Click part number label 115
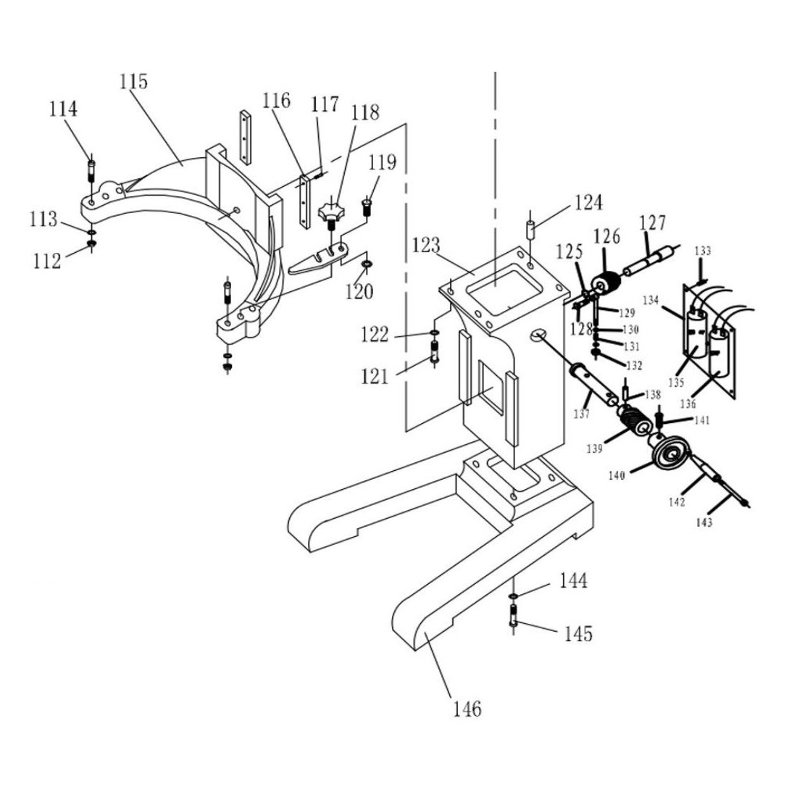(x=133, y=82)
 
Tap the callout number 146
(x=467, y=709)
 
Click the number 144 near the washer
(x=573, y=581)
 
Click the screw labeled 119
(x=367, y=206)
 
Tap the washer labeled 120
(x=366, y=262)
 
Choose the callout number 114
(x=63, y=109)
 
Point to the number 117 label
(x=325, y=105)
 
